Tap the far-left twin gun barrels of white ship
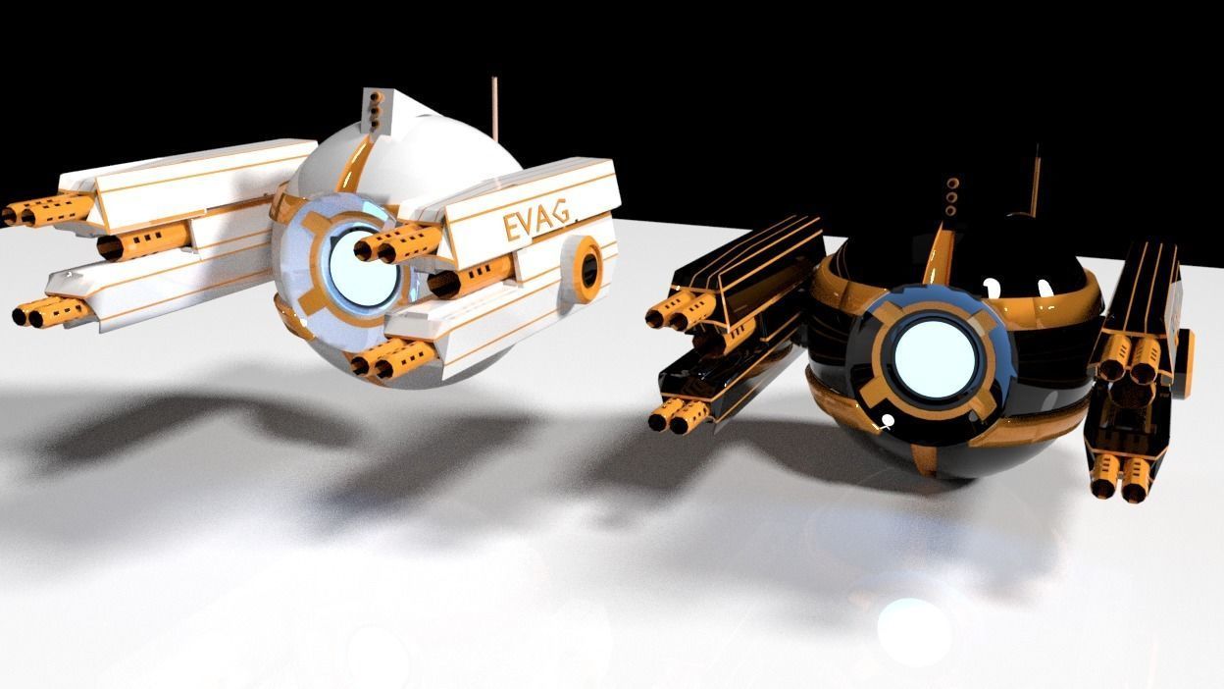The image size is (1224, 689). (44, 210)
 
